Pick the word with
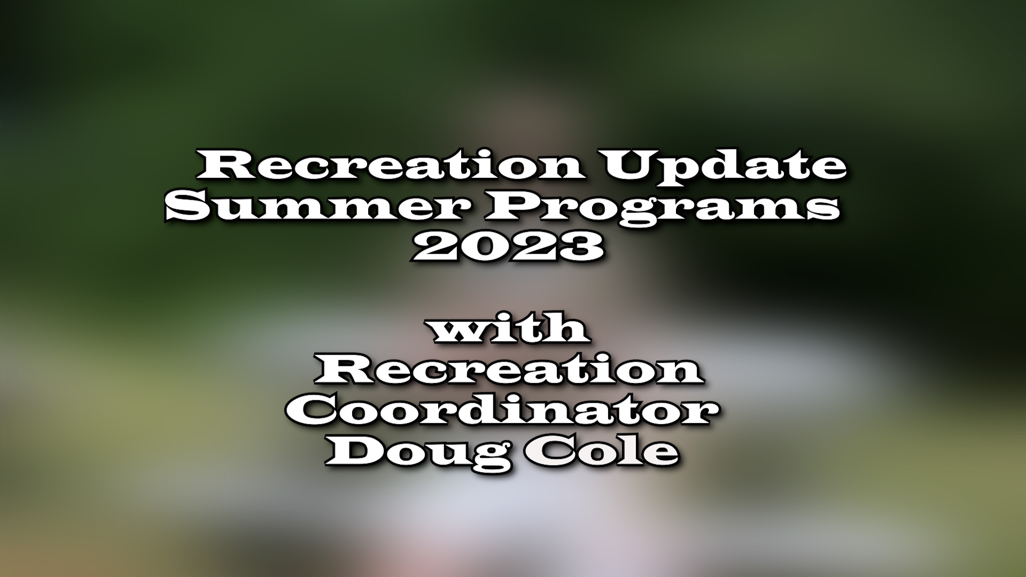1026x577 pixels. pyautogui.click(x=510, y=329)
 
